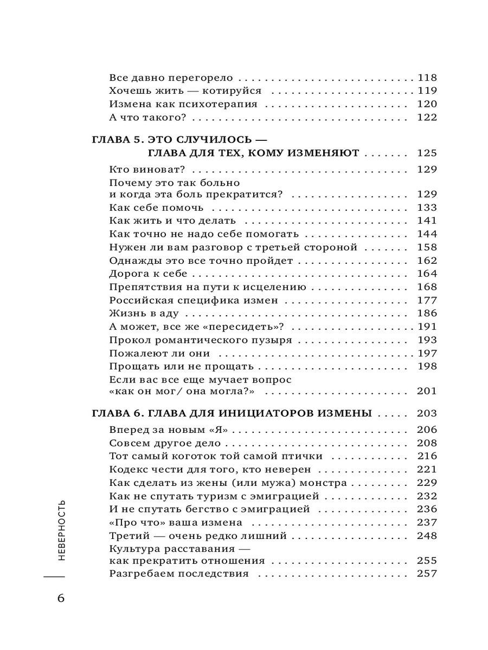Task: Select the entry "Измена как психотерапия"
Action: tap(183, 104)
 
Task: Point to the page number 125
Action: tap(427, 154)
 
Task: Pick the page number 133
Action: tap(427, 207)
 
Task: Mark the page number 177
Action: tap(427, 300)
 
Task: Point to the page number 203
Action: tap(427, 414)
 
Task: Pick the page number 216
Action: tap(427, 456)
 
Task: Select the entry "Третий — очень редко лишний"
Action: tap(198, 536)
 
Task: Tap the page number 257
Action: tap(427, 574)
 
